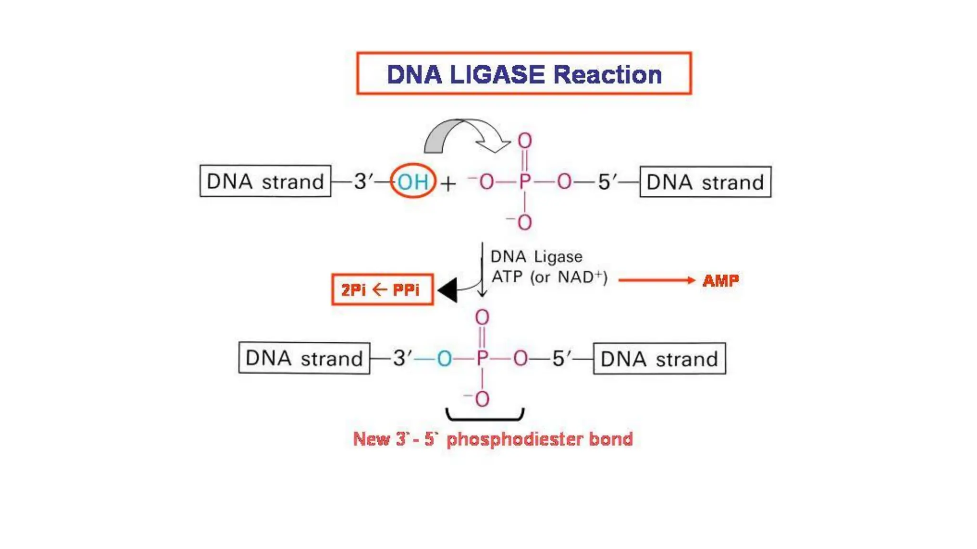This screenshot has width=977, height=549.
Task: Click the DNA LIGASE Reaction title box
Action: click(x=524, y=73)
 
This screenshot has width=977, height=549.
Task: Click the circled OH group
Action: click(x=413, y=182)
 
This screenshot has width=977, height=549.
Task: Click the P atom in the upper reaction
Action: click(x=524, y=182)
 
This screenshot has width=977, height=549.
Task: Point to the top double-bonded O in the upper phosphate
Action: click(x=525, y=141)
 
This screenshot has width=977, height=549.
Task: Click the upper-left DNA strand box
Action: click(x=265, y=181)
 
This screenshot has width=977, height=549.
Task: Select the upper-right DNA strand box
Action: click(x=705, y=182)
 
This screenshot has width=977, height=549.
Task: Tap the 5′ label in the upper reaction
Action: click(x=606, y=182)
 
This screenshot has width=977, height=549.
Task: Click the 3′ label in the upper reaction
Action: click(x=363, y=182)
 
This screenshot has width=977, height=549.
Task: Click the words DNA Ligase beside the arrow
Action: click(x=536, y=257)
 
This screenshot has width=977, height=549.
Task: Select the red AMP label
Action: click(x=720, y=280)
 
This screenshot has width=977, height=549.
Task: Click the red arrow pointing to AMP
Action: click(x=656, y=280)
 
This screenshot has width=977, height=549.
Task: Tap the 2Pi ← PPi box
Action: click(x=382, y=290)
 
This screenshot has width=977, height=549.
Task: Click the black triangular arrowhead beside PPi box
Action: click(x=448, y=290)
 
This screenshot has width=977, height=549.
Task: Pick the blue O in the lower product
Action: click(x=444, y=359)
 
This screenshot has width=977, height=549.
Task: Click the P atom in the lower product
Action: click(x=482, y=358)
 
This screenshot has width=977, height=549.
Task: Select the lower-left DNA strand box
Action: click(x=304, y=358)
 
